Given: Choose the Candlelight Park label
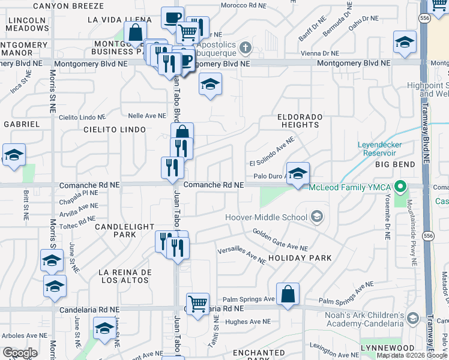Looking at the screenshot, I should coord(116,231).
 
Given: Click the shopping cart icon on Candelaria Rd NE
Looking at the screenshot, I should coord(197,303).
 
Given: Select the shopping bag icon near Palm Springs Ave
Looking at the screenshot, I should coord(288,294).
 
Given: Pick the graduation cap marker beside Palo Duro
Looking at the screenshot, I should coord(298,174).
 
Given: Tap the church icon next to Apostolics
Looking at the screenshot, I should coord(245,47).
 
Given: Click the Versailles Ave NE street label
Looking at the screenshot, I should coord(241,254).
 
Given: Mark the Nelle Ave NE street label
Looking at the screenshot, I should coord(146,115).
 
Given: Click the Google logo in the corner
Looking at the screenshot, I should coord(19,353).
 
